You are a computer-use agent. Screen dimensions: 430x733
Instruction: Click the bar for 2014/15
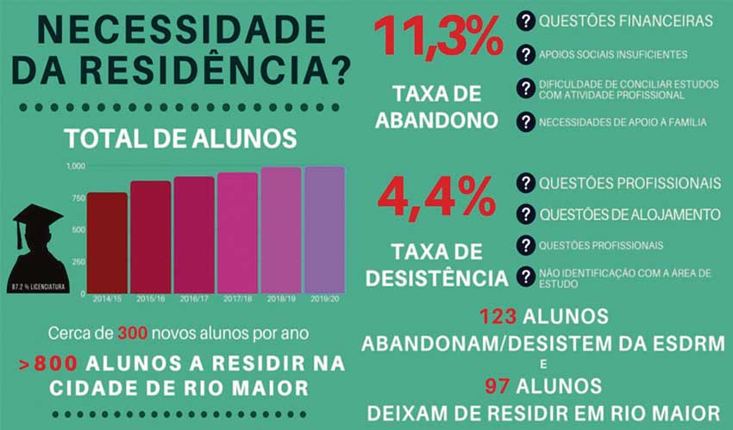tap(107, 243)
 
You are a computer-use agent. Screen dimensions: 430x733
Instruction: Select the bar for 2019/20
tap(324, 230)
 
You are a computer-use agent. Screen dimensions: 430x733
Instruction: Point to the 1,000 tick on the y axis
tap(76, 165)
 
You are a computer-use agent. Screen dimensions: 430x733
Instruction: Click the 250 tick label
tap(78, 262)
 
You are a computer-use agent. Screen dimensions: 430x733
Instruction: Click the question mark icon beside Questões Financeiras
tap(525, 20)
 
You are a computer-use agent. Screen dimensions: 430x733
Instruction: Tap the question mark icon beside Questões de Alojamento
tap(525, 214)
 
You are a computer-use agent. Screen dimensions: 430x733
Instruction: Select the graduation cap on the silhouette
tap(37, 216)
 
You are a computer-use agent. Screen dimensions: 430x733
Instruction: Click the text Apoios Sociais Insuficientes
tap(612, 54)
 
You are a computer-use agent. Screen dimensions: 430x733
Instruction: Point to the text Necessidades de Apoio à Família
tap(622, 122)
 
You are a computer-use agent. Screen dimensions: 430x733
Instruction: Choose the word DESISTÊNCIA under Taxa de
tap(436, 277)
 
